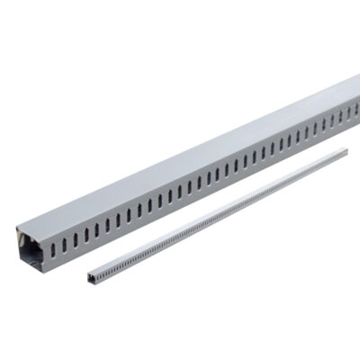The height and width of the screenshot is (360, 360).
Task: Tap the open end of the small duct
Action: pyautogui.click(x=91, y=275)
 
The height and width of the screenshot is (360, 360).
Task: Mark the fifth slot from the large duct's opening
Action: pyautogui.click(x=96, y=229)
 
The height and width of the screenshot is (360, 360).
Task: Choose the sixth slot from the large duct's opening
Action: pyautogui.click(x=107, y=224)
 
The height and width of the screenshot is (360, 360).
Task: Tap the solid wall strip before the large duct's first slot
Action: pyautogui.click(x=45, y=252)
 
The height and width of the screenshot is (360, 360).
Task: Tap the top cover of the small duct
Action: pyautogui.click(x=225, y=207)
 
